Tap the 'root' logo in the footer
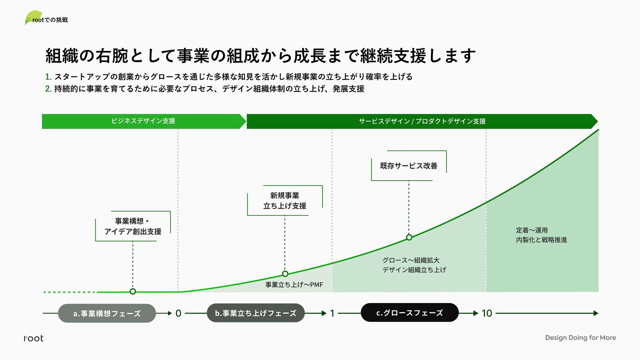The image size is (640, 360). [34, 338]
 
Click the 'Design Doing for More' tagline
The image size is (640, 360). [580, 338]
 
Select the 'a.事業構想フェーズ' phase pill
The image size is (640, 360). [107, 313]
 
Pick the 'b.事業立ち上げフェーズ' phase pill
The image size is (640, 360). [256, 313]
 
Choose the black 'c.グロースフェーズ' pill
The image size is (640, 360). [410, 313]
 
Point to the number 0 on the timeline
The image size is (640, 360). [178, 313]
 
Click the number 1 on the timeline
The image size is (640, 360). [332, 313]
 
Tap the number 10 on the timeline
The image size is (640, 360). [487, 313]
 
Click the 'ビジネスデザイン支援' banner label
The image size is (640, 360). [143, 121]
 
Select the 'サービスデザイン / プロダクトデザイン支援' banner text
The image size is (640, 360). [422, 121]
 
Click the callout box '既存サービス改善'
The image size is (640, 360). [409, 166]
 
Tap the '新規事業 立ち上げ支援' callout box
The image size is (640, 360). [285, 201]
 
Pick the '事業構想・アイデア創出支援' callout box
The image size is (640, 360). [133, 226]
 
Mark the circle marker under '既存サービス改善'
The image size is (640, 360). [409, 237]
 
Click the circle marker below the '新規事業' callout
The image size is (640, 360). [285, 274]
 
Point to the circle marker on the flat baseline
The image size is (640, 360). [133, 292]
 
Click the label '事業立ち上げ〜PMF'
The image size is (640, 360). [294, 285]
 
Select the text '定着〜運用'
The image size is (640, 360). [532, 230]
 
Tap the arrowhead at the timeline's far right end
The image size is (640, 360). [596, 313]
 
